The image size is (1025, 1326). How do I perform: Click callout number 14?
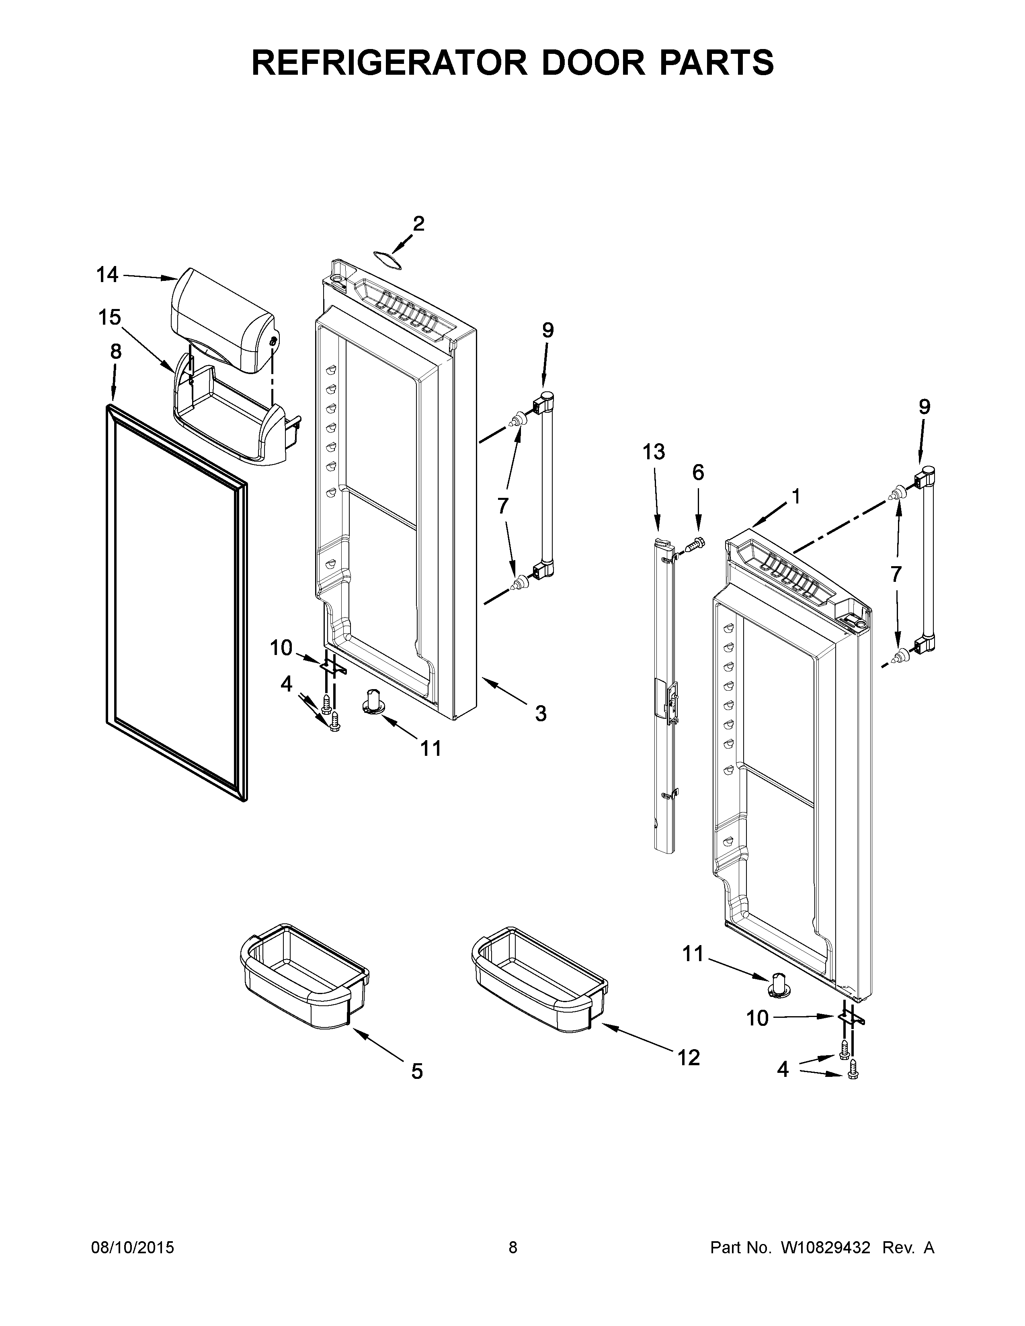[x=107, y=275]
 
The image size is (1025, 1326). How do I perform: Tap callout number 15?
[x=110, y=317]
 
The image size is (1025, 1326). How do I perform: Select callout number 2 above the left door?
[x=418, y=224]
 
